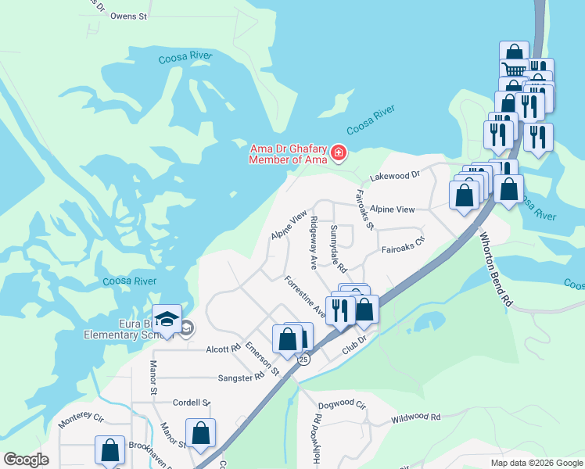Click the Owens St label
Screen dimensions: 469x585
[x=128, y=16]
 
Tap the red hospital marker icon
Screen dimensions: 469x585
[x=339, y=152]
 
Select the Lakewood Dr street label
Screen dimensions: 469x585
[x=395, y=177]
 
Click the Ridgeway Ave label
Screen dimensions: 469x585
[x=313, y=242]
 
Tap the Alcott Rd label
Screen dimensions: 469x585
[x=223, y=349]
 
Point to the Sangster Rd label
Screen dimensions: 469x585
[x=244, y=377]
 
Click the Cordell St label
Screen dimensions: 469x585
[x=192, y=403]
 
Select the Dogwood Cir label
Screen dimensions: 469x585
[x=342, y=405]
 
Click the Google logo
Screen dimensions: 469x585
[x=26, y=460]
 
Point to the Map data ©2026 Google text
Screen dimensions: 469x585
[x=536, y=463]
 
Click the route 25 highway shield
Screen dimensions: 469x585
[x=303, y=359]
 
